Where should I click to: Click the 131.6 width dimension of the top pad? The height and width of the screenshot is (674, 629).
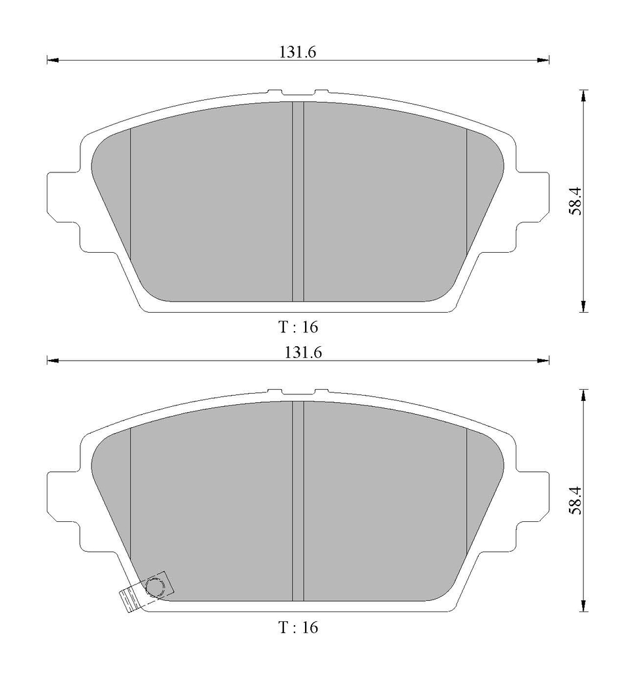click(x=298, y=53)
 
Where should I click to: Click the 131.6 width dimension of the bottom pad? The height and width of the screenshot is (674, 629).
click(x=303, y=353)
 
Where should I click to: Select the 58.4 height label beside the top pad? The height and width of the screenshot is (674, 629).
click(x=575, y=201)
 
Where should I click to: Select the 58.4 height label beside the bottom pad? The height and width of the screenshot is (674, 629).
click(x=575, y=500)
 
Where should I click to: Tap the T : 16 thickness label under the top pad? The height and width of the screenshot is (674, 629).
click(x=298, y=327)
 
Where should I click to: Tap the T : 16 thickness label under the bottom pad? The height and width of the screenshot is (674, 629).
click(x=298, y=627)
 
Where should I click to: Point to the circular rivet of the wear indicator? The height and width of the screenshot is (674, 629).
click(x=155, y=586)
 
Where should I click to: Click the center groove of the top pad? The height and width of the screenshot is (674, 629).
click(x=298, y=201)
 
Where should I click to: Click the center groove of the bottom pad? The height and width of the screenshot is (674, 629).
click(x=298, y=501)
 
